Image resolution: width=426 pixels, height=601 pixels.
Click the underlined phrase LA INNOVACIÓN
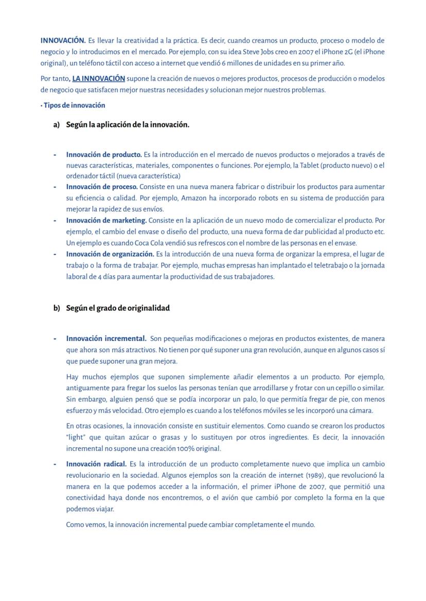98,79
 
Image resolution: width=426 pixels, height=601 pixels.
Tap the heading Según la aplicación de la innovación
128,125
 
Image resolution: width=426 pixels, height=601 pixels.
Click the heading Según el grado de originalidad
118,308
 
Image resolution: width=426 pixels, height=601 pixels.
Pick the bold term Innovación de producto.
103,154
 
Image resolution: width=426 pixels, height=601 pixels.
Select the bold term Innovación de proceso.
101,187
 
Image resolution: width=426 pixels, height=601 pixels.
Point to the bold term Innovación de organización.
110,254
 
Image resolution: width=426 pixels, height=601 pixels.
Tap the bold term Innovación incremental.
106,339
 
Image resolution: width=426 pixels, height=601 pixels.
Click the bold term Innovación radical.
96,464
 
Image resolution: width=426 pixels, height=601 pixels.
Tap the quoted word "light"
76,438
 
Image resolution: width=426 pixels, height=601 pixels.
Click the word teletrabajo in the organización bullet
311,265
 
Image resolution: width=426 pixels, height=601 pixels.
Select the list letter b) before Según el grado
57,308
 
